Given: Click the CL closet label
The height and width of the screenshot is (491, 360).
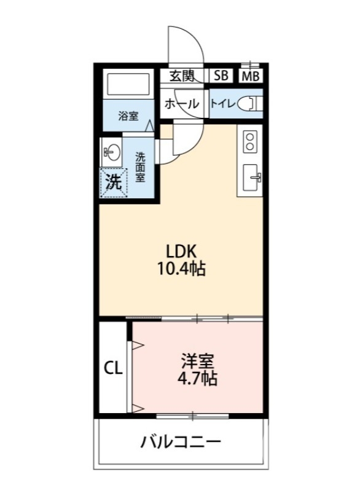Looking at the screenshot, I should pyautogui.click(x=113, y=368).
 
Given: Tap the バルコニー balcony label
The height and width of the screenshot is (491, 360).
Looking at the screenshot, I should pyautogui.click(x=181, y=442).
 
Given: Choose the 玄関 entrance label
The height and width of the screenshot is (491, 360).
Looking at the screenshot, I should pyautogui.click(x=182, y=75).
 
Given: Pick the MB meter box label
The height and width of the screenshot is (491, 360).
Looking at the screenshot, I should pyautogui.click(x=249, y=76).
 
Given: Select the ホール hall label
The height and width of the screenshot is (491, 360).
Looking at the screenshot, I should pyautogui.click(x=182, y=104).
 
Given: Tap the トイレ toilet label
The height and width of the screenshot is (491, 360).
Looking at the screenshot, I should pyautogui.click(x=221, y=104).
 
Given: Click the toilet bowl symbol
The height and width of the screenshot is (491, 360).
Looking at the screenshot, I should pyautogui.click(x=251, y=104).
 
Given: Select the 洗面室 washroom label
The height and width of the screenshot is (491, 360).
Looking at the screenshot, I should pyautogui.click(x=140, y=166).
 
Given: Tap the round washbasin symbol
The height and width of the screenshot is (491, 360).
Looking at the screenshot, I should pyautogui.click(x=111, y=151).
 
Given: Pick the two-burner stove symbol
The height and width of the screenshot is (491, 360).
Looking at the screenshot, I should pyautogui.click(x=250, y=142).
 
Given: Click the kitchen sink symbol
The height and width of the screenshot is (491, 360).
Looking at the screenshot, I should pyautogui.click(x=252, y=179).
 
